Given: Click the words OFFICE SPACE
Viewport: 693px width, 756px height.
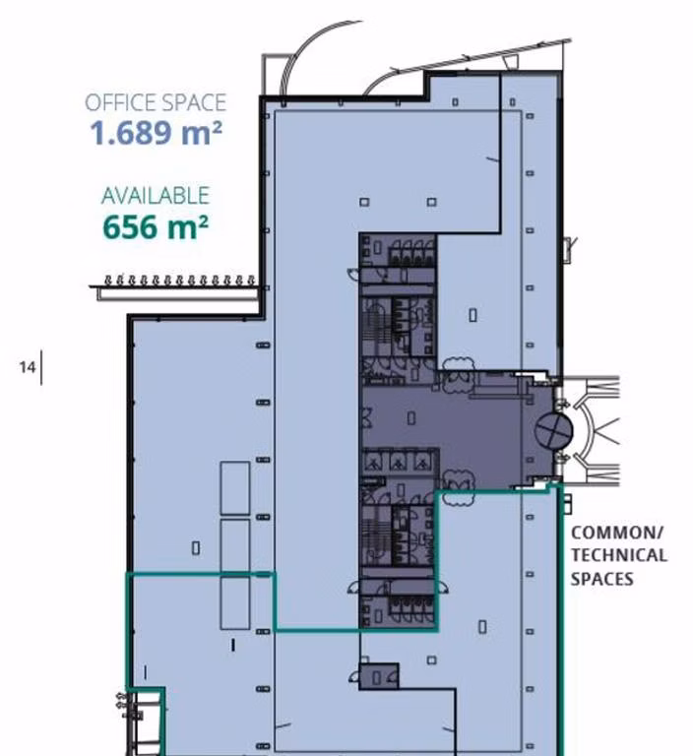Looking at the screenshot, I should click(155, 102).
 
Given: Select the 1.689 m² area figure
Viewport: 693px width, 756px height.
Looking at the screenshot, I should click(156, 133).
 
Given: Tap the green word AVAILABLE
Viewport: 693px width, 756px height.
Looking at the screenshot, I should click(156, 196).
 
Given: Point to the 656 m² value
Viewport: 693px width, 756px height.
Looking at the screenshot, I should click(156, 227).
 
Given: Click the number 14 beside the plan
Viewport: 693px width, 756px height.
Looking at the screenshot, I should click(27, 367).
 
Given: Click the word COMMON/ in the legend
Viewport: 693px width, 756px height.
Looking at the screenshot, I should click(617, 533).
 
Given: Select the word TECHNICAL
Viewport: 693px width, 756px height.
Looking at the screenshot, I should click(618, 555).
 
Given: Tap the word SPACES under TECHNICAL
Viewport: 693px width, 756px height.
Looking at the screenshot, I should click(601, 579).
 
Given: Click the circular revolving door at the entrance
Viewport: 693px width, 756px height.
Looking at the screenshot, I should click(553, 429).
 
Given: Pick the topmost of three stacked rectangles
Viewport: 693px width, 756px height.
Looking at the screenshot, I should click(235, 488).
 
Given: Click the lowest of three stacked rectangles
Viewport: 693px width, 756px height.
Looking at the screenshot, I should click(235, 601).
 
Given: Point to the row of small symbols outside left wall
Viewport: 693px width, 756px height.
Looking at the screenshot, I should click(177, 281).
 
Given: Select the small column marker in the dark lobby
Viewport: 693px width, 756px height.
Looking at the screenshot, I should click(411, 418).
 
